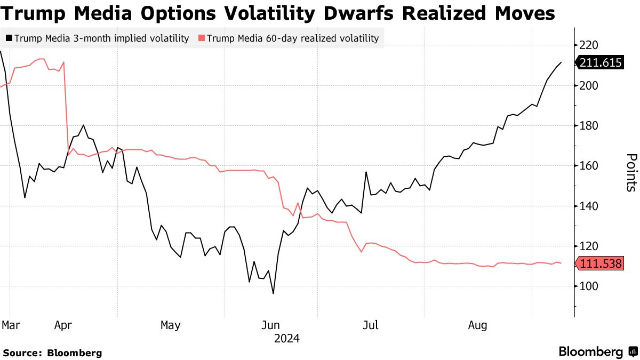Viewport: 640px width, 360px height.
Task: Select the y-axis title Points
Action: coord(630,172)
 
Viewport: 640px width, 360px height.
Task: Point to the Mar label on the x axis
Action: coord(10,325)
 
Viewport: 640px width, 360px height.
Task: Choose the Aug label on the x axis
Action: coord(477,325)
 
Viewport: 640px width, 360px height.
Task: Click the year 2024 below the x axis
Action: coord(286,338)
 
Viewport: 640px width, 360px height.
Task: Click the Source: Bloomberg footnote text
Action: coord(52,353)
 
